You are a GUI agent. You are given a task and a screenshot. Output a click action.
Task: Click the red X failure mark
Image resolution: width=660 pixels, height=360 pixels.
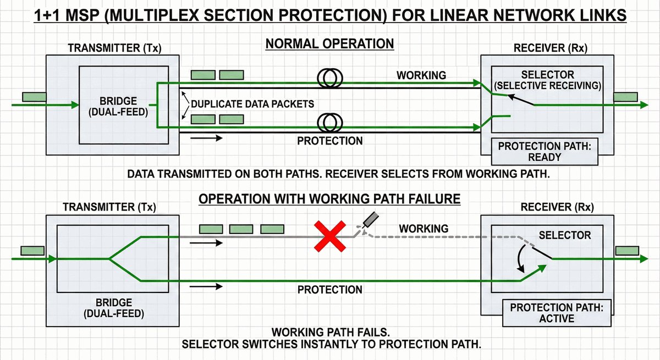330,236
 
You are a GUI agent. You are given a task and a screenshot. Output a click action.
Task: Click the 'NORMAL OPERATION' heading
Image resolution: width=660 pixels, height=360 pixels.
329,43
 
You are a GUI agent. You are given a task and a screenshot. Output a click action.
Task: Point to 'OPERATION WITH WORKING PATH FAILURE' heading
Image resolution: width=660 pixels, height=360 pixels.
329,199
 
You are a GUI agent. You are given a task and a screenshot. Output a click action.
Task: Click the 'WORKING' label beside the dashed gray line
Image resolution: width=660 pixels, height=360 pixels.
424,228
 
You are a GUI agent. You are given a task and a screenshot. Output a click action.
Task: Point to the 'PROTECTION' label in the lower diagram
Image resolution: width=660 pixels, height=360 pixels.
330,290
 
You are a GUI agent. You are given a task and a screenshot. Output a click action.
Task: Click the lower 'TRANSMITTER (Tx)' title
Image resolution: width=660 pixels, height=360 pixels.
109,208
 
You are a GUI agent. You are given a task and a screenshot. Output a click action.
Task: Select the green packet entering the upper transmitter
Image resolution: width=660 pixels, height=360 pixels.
34,97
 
